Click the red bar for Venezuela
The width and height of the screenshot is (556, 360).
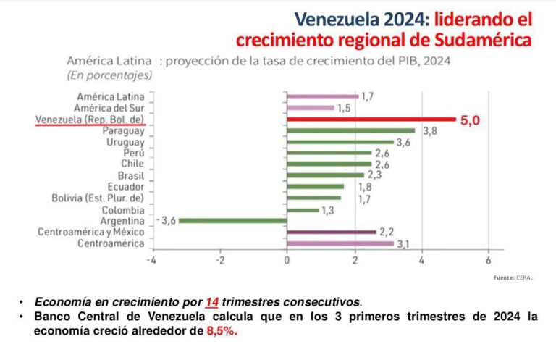(371, 119)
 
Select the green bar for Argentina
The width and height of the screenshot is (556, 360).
(233, 220)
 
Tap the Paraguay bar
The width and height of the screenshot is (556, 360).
(351, 130)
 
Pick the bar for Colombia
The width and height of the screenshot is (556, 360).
(303, 209)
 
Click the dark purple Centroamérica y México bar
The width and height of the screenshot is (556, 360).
(332, 232)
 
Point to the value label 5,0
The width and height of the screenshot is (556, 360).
(470, 120)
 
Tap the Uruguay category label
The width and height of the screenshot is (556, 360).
(124, 142)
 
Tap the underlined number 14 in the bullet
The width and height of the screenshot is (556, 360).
(211, 302)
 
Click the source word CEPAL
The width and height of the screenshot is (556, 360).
(525, 278)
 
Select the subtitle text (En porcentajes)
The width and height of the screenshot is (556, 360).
(109, 75)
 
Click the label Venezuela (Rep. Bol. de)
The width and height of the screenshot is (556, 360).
(90, 120)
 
